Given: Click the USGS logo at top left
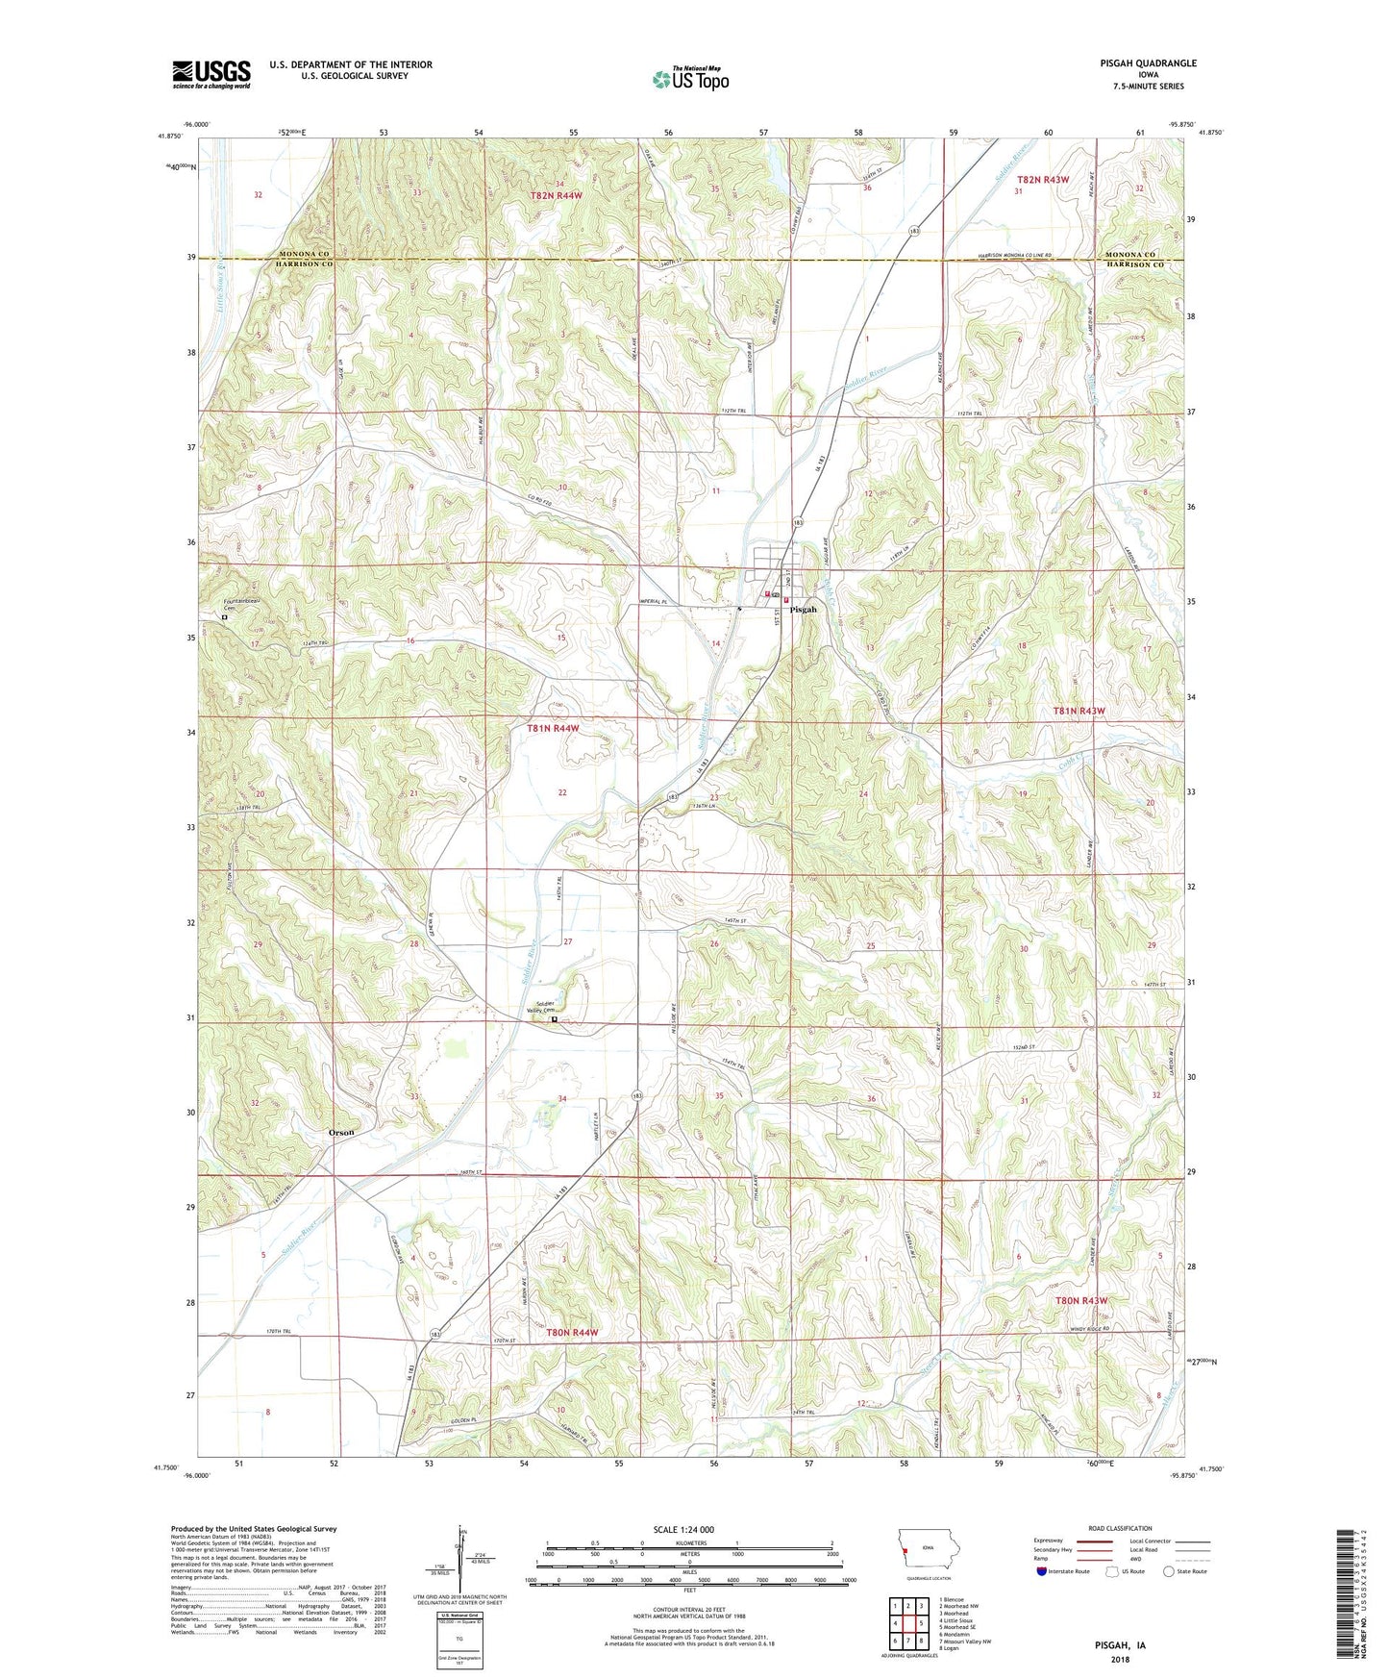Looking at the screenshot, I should click(x=211, y=73).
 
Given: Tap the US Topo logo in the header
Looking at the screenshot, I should click(x=690, y=79).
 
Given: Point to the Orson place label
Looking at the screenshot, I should click(x=341, y=1132).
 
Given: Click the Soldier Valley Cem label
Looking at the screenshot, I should click(x=537, y=1008).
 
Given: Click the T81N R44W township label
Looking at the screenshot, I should click(x=553, y=729).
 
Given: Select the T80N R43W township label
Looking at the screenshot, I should click(x=1081, y=1300).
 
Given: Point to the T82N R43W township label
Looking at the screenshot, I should click(x=1042, y=180).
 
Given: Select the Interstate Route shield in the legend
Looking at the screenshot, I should click(x=1043, y=1573).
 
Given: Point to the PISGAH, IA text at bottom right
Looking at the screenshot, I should click(x=1120, y=1645).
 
